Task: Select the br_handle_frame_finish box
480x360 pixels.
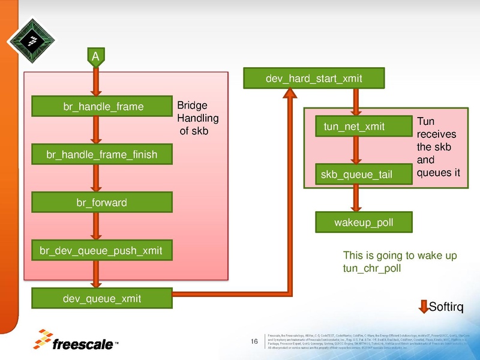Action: [102, 155]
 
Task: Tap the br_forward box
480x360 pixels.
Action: [102, 203]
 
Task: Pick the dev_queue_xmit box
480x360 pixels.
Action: [102, 298]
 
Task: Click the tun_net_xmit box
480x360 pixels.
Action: [354, 126]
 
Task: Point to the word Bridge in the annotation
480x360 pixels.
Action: [192, 105]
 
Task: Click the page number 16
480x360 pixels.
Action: [254, 342]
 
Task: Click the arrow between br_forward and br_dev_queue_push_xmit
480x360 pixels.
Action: [94, 226]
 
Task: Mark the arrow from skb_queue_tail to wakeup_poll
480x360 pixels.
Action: [356, 197]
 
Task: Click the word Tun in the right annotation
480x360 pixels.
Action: [425, 121]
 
